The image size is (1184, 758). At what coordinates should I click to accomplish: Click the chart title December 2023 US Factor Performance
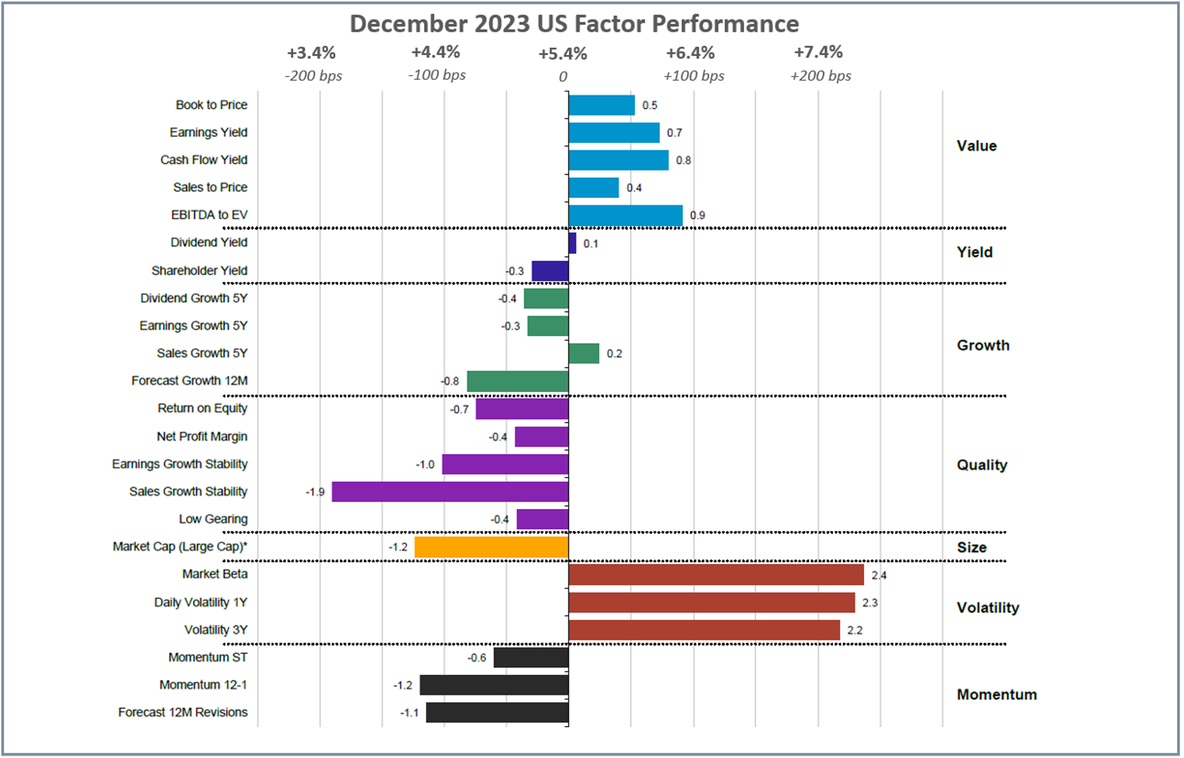pyautogui.click(x=574, y=24)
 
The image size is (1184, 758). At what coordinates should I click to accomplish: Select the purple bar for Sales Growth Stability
pyautogui.click(x=450, y=492)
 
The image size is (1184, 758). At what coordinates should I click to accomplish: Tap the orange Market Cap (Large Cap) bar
pyautogui.click(x=491, y=547)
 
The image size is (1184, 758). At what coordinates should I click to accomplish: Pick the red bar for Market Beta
pyautogui.click(x=716, y=575)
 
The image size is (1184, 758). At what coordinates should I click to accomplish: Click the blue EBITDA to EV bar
pyautogui.click(x=625, y=215)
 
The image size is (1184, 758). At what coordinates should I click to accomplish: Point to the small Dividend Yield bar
pyautogui.click(x=573, y=243)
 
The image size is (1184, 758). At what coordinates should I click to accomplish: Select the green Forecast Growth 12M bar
pyautogui.click(x=517, y=381)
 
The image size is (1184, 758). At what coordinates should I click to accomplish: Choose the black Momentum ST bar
pyautogui.click(x=531, y=658)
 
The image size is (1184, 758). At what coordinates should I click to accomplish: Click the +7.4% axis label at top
pyautogui.click(x=818, y=53)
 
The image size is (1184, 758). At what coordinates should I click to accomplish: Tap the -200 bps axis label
pyautogui.click(x=313, y=76)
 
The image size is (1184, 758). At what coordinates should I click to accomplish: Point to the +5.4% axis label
pyautogui.click(x=563, y=54)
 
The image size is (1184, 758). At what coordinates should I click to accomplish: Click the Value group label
pyautogui.click(x=976, y=146)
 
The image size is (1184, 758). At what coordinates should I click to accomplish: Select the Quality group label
pyautogui.click(x=982, y=465)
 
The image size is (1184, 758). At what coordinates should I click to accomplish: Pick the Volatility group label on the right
pyautogui.click(x=987, y=608)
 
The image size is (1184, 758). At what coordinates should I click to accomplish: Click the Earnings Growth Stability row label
pyautogui.click(x=180, y=464)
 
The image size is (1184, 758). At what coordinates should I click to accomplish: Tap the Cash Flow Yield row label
pyautogui.click(x=204, y=160)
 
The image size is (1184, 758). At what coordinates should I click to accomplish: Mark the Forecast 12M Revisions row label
pyautogui.click(x=182, y=712)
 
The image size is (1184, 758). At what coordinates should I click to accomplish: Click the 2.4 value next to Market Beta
pyautogui.click(x=878, y=575)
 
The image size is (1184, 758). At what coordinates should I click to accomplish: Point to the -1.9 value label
pyautogui.click(x=315, y=492)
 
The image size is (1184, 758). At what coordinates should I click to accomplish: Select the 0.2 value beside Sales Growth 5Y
pyautogui.click(x=614, y=354)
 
